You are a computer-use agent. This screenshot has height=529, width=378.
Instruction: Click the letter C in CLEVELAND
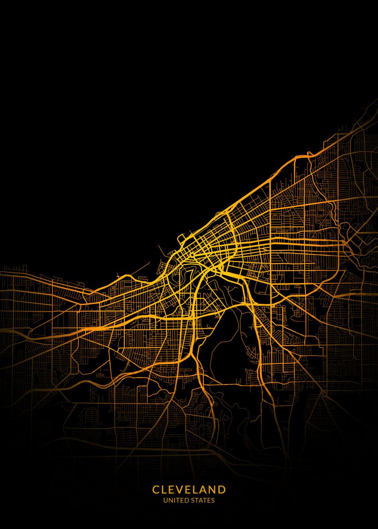point(156,490)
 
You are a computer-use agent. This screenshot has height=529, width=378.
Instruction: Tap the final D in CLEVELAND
point(222,490)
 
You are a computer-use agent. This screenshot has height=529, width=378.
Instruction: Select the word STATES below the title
point(203,500)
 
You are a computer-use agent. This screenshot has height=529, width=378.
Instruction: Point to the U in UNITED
point(165,500)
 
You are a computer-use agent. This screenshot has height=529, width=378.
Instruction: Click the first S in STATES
point(193,500)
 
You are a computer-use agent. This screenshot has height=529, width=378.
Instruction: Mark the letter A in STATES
point(201,500)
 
